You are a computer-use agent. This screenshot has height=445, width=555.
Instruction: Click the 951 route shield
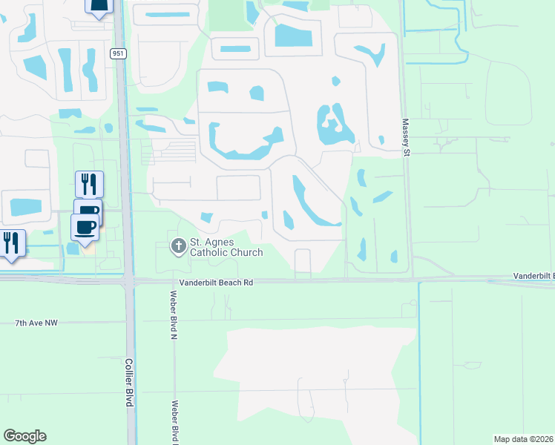118,53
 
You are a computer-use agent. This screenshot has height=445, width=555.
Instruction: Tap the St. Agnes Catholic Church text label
226,247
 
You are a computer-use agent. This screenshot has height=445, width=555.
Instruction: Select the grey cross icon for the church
178,246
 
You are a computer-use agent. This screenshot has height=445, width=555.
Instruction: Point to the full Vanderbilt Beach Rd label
216,283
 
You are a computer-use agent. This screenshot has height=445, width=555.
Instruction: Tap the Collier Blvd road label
128,382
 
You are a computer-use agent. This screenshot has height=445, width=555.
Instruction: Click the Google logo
24,436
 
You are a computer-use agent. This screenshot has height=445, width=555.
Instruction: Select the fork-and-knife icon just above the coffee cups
89,183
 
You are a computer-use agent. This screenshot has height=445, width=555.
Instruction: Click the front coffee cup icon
85,226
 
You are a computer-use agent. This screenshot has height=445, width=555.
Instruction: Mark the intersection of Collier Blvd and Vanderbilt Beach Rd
128,280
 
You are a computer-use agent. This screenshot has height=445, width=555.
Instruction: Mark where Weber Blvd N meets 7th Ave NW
174,320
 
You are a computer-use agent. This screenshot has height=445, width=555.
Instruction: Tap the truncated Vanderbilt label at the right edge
533,275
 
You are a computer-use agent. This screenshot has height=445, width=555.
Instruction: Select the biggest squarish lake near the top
293,35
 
